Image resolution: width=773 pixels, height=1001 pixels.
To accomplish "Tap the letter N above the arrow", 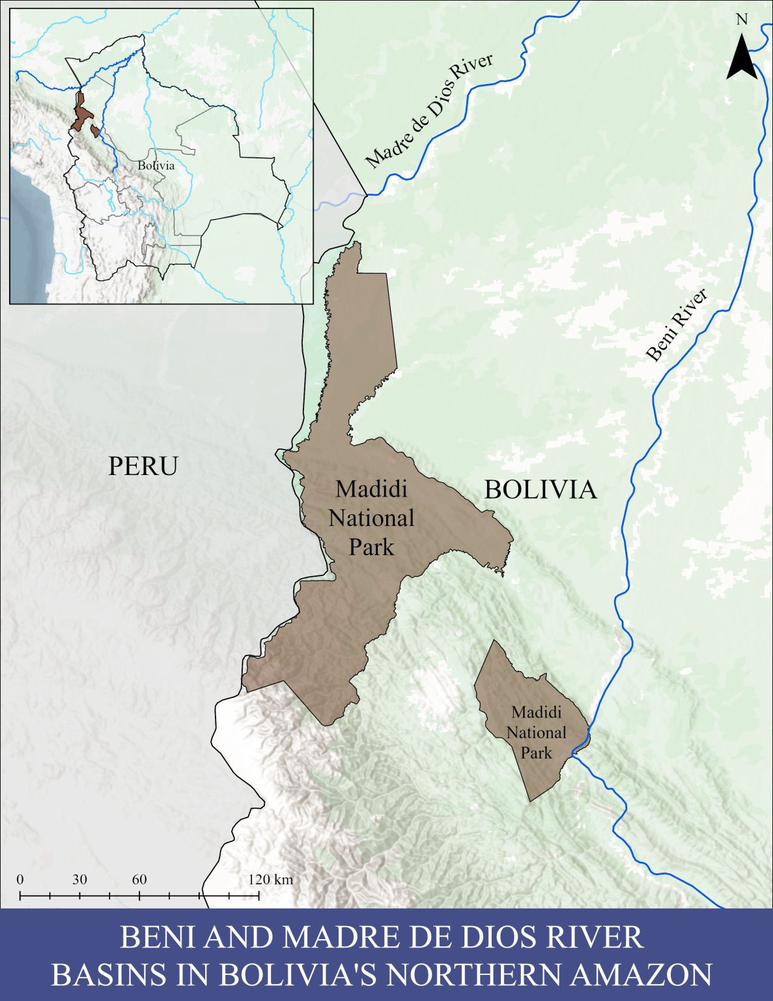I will click(742, 20).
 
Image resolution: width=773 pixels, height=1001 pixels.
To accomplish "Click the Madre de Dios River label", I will click(429, 110).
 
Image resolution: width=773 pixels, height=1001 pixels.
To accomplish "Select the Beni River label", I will click(677, 325).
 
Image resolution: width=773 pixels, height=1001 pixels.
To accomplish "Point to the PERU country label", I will click(143, 467).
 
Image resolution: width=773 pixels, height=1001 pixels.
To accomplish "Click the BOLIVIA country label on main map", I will click(540, 489).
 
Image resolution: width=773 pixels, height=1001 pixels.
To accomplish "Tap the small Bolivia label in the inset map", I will click(156, 166).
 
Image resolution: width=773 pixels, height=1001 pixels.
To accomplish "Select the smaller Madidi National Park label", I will click(537, 732).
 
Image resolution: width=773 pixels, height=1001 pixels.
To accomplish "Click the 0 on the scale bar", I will click(20, 879).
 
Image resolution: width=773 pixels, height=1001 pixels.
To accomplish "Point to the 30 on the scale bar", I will click(79, 879).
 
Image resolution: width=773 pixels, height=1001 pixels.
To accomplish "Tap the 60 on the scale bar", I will click(139, 879).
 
